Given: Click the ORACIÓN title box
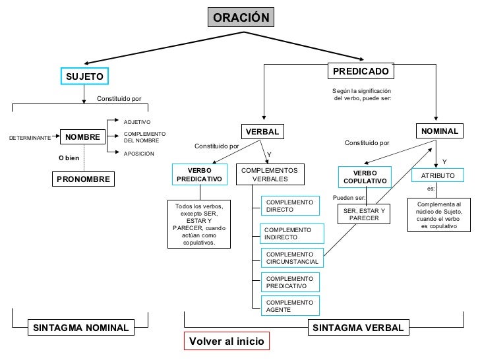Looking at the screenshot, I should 241,18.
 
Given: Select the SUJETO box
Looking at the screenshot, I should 84,76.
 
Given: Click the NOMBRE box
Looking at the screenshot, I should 82,137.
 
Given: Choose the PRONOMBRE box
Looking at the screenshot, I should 83,179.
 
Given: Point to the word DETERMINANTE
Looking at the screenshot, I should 29,138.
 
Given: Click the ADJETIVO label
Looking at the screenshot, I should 138,122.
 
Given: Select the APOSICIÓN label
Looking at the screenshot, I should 139,154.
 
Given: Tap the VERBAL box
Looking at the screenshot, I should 262,132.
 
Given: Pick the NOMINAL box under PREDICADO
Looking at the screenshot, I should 440,131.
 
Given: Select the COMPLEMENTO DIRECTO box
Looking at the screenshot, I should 289,206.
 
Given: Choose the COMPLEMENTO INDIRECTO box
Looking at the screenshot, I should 292,233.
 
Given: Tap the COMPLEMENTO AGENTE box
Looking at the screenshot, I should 290,306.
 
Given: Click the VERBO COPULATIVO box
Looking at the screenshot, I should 364,177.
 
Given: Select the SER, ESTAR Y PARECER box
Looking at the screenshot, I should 364,214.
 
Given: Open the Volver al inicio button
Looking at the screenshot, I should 226,342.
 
